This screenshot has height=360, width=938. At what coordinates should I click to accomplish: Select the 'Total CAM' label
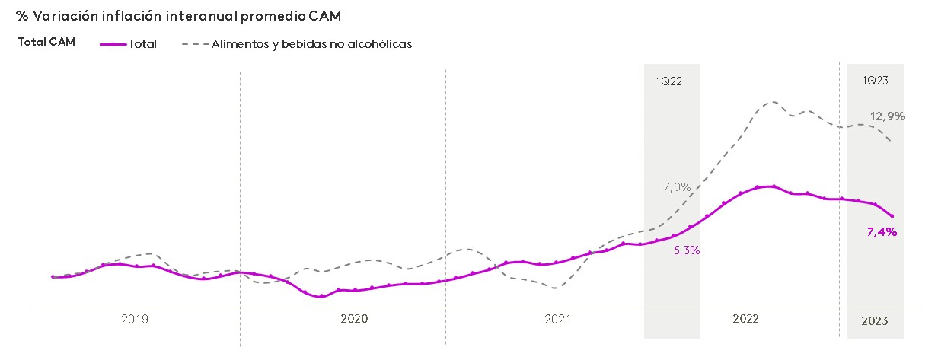tap(46, 43)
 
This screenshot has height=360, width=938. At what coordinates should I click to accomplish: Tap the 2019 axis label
tap(135, 320)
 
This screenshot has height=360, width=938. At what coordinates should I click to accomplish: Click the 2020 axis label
tap(354, 320)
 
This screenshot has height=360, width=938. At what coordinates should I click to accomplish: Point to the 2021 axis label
tap(558, 320)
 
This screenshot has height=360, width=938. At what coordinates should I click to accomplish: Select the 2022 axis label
tap(745, 320)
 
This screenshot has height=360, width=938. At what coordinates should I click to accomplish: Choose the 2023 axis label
tap(874, 321)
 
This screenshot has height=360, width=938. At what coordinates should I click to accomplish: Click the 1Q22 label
tap(669, 80)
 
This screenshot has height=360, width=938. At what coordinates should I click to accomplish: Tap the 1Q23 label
tap(876, 80)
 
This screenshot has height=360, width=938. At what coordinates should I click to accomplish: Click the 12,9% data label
tap(888, 116)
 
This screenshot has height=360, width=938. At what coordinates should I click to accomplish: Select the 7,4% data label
tap(882, 232)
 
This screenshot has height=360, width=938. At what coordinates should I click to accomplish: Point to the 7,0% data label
tap(677, 186)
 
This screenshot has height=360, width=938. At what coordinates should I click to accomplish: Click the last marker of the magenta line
tap(892, 216)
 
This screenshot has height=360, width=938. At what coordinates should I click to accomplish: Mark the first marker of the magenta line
tap(53, 277)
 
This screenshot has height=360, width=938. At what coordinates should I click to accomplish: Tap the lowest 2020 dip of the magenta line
tap(321, 296)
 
